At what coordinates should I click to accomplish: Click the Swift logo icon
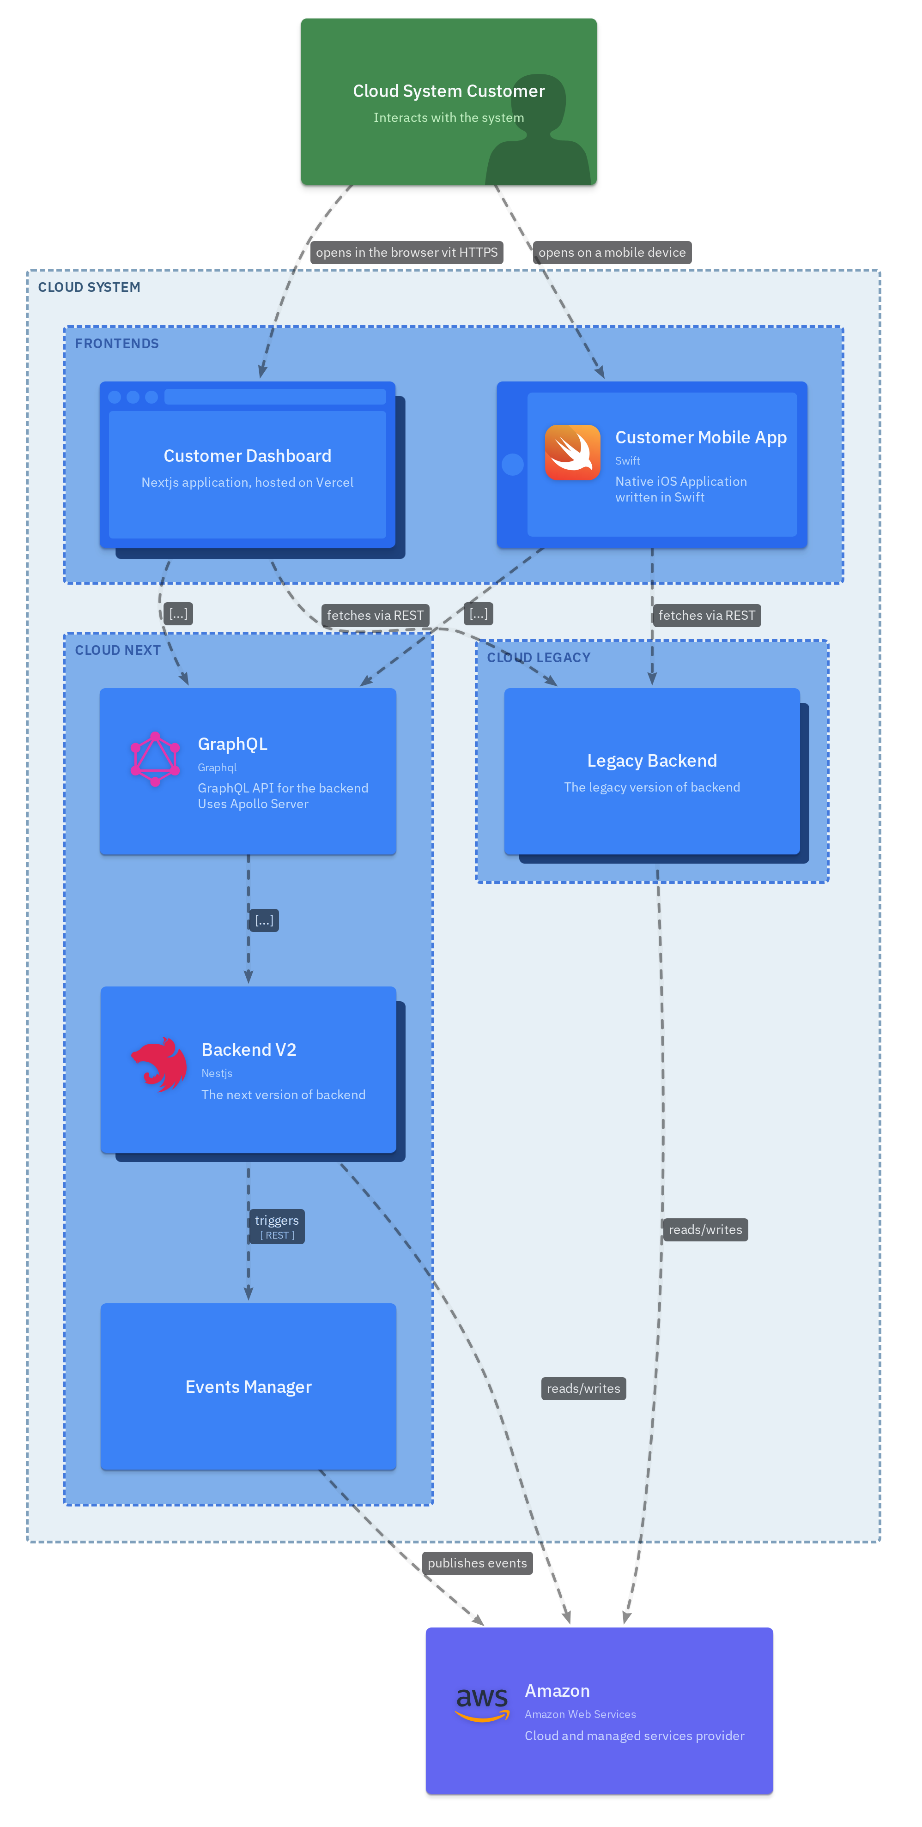[572, 453]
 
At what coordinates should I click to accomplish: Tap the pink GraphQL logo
[155, 759]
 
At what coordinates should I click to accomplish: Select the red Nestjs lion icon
[159, 1064]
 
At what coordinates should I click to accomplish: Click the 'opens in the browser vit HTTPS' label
[406, 253]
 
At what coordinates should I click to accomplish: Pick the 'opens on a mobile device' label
[612, 253]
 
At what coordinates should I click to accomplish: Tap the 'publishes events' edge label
[477, 1563]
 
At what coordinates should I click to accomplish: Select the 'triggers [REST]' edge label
[277, 1226]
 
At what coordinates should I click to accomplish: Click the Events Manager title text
[248, 1386]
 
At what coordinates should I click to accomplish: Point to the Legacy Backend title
[652, 760]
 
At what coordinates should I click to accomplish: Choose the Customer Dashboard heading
[248, 455]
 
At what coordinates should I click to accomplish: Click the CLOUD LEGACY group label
[538, 658]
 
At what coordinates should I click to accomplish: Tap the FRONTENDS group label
[117, 343]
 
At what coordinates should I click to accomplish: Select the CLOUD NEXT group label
[118, 650]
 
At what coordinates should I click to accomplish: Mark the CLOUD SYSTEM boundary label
[89, 287]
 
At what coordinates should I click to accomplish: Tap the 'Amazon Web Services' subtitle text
[580, 1714]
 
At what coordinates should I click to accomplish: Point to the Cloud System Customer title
[449, 91]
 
